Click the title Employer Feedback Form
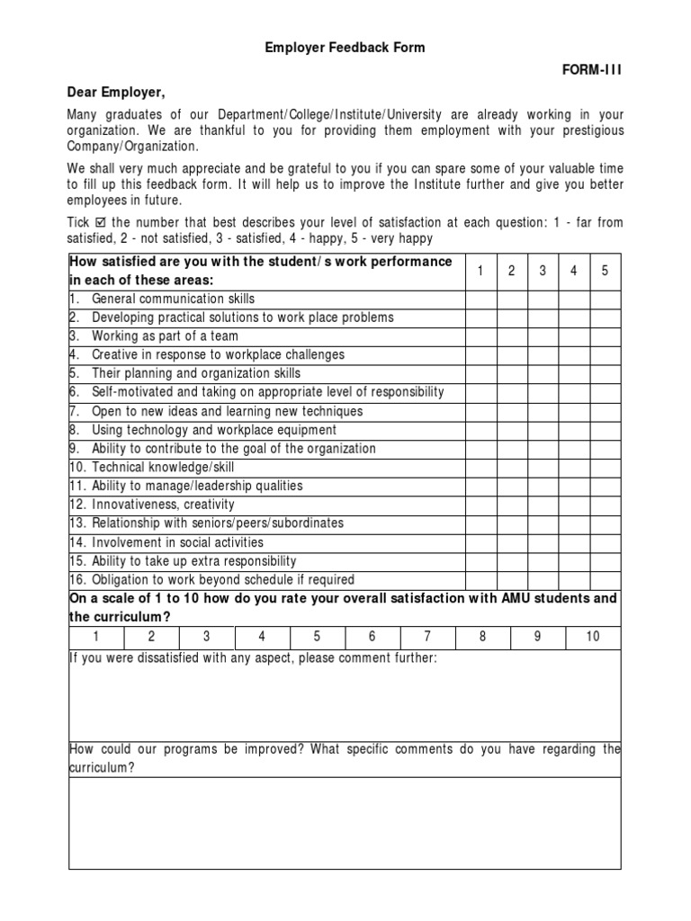click(x=345, y=48)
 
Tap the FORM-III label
click(x=592, y=70)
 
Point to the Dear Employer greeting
click(x=117, y=92)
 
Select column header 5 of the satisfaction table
click(x=605, y=271)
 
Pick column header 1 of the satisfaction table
click(x=481, y=271)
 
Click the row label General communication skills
click(x=173, y=299)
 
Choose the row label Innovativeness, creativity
click(x=163, y=505)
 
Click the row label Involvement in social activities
click(x=177, y=542)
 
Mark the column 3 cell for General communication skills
click(x=543, y=299)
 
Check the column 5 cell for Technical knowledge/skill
click(x=605, y=467)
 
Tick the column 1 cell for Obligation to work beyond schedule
click(x=481, y=580)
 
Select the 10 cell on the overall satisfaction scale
click(x=593, y=637)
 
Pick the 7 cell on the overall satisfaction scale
click(x=427, y=637)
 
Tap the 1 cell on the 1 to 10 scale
click(x=96, y=637)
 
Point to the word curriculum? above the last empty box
click(x=102, y=767)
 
